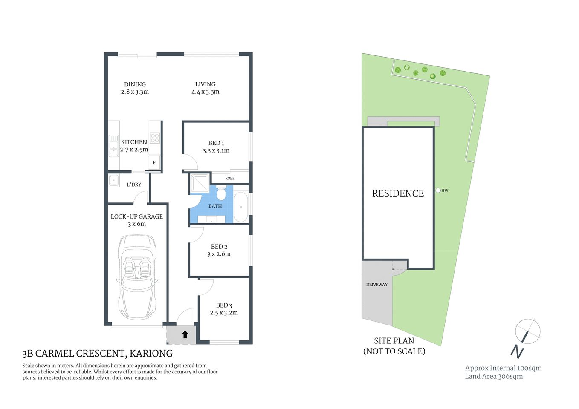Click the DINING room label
coord(135,84)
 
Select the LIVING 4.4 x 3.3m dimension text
coord(205,92)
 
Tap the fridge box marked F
coord(154,163)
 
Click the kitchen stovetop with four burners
coord(154,138)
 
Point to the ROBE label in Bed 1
coord(230,178)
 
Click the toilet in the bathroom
coord(221,194)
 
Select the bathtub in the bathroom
coord(241,207)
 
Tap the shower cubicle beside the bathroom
coord(200,183)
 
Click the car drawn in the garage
coord(137,277)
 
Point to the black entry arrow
coord(185,334)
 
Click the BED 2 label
coord(219,247)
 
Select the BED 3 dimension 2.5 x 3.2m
coord(224,313)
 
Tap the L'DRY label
coord(134,184)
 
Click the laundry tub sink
coord(113,181)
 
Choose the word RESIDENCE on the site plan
coord(398,193)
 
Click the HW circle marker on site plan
coord(438,190)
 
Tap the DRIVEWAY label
coord(377,285)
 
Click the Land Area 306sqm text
coord(494,377)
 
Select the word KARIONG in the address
coord(151,354)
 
